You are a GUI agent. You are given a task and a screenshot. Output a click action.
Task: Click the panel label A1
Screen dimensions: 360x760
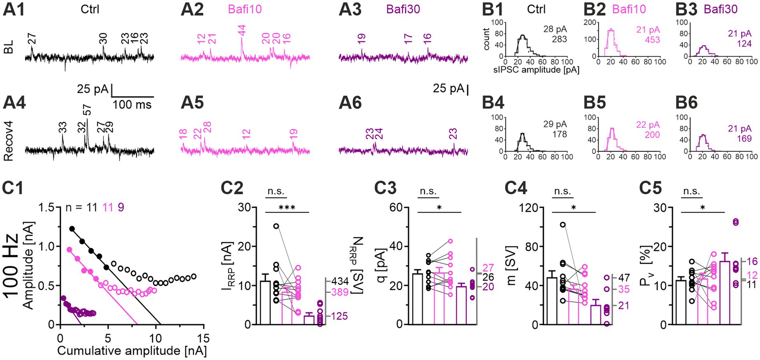point(14,9)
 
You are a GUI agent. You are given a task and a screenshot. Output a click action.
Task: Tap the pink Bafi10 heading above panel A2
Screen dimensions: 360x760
point(245,9)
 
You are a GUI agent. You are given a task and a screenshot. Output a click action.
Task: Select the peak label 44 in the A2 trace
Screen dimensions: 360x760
point(241,31)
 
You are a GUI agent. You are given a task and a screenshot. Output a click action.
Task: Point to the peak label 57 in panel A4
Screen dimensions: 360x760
point(87,110)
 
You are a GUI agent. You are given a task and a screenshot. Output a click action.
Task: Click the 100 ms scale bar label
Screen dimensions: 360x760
point(132,105)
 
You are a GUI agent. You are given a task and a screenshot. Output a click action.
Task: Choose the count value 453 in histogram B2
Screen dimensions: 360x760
point(652,40)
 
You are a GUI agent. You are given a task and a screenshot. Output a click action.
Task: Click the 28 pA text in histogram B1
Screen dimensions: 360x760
point(555,29)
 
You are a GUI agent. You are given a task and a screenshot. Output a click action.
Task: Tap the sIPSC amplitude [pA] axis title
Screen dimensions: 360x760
point(536,70)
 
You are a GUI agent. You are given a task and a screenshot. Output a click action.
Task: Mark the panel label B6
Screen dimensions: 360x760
point(686,103)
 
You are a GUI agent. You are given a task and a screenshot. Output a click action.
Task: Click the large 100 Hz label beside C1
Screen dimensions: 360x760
point(11,265)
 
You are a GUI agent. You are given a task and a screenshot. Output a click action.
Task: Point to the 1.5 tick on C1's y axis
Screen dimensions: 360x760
point(47,208)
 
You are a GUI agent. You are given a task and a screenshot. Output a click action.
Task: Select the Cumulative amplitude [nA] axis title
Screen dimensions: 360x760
point(132,351)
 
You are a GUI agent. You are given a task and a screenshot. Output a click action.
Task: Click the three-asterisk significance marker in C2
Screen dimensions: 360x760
point(287,207)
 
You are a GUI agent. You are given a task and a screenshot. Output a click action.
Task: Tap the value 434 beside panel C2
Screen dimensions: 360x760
point(340,281)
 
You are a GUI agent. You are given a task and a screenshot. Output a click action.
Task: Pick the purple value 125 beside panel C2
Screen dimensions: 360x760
point(340,316)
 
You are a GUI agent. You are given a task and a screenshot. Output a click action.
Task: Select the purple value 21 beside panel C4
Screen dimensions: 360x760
point(623,306)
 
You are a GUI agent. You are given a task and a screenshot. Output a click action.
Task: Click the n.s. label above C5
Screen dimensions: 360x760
point(691,191)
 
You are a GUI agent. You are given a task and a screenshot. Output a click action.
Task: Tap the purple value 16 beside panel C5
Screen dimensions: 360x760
point(752,262)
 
